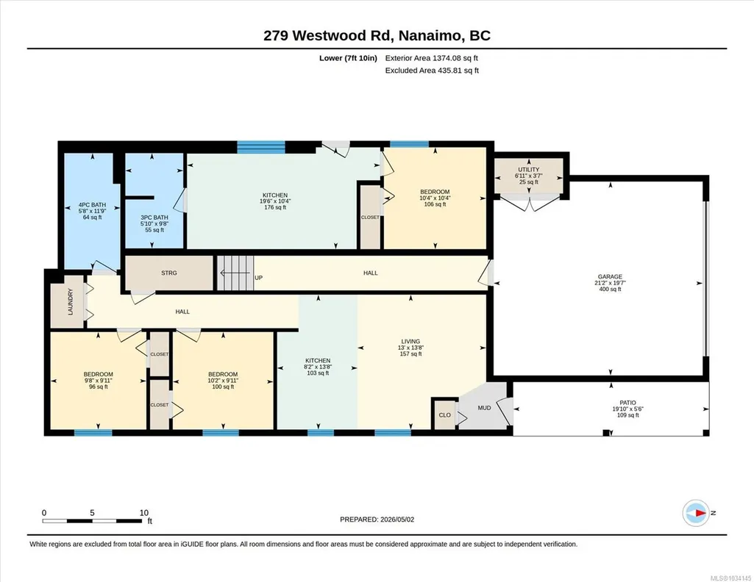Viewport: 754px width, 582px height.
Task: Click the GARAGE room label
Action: point(610,276)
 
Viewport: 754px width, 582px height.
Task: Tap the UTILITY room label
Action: point(528,170)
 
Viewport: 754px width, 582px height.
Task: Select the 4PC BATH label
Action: point(93,205)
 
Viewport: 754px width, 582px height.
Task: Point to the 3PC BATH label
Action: point(154,218)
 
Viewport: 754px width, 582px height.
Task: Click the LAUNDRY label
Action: point(70,302)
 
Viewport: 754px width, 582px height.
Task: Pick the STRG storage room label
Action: point(168,273)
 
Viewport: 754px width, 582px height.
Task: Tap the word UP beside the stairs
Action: point(259,278)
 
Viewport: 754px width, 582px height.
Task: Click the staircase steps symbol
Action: point(235,273)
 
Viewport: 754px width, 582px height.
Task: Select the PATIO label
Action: point(627,403)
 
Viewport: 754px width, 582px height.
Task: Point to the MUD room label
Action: point(484,408)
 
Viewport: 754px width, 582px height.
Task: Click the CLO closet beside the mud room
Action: point(445,415)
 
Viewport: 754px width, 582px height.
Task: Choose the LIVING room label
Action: point(410,342)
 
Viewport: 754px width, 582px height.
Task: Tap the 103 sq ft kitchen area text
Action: point(318,373)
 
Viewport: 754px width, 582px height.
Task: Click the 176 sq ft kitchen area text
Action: point(275,207)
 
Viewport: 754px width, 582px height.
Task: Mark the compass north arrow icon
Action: point(696,513)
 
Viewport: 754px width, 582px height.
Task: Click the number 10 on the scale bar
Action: point(143,513)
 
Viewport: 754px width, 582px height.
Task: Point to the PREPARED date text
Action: point(377,519)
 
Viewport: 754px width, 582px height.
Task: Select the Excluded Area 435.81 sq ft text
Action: point(432,70)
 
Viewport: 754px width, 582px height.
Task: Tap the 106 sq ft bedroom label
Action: point(435,204)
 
